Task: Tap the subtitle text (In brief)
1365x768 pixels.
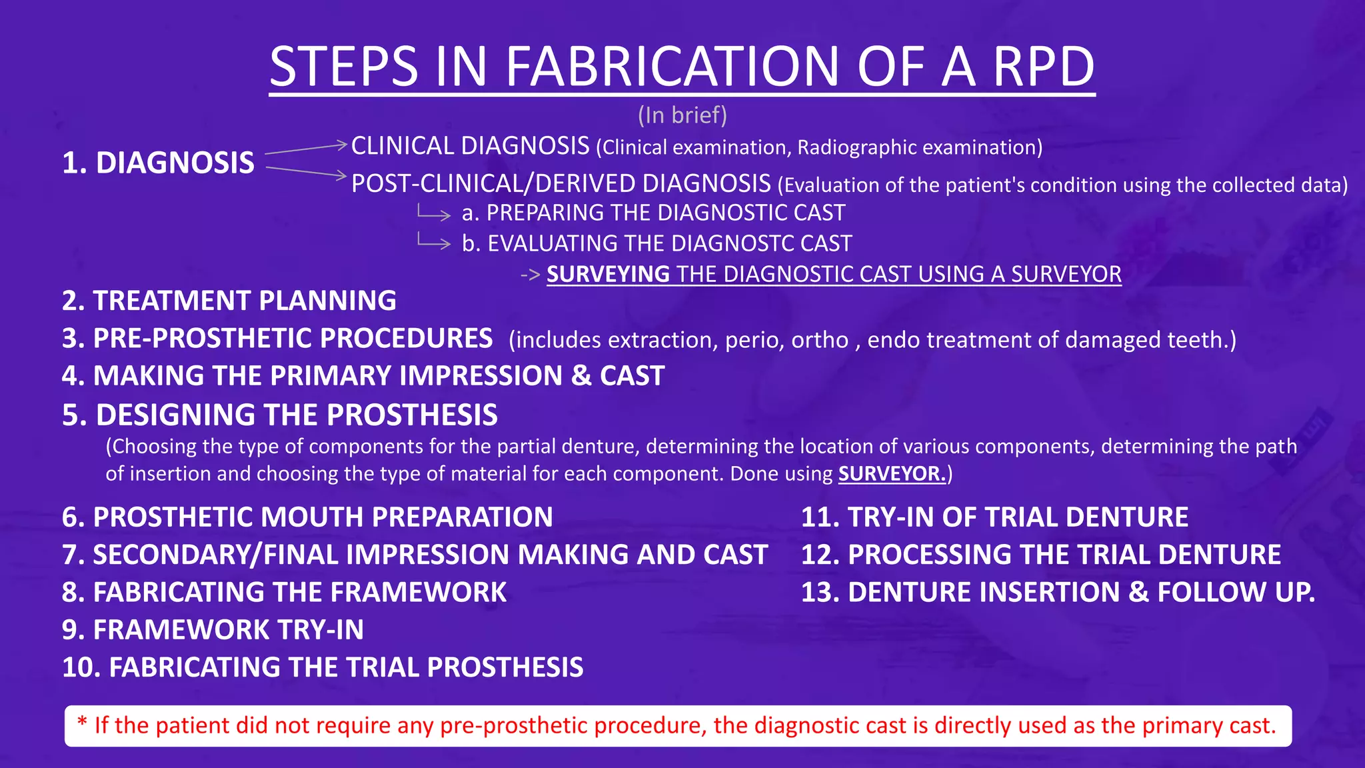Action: [x=682, y=115]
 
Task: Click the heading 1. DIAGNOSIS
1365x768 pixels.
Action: [x=158, y=163]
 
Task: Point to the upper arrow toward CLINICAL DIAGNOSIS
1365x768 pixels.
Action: [x=307, y=148]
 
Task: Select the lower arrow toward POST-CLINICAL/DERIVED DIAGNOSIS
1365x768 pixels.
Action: [x=307, y=171]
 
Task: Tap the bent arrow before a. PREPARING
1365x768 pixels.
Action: [x=434, y=213]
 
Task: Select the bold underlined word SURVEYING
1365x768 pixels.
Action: [x=608, y=274]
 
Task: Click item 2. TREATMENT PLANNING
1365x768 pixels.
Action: [x=229, y=301]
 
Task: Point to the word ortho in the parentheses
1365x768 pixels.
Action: [x=819, y=340]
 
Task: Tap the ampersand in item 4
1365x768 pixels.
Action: [x=581, y=376]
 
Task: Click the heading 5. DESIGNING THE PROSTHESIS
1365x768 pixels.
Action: [x=279, y=415]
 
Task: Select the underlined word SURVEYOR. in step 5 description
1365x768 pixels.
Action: [x=892, y=473]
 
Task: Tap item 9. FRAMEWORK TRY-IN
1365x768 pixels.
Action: [x=213, y=630]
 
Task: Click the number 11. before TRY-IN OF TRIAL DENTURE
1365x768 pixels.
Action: [x=819, y=517]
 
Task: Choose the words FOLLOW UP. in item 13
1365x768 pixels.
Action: [x=1236, y=592]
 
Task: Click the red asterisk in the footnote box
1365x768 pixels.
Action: [x=83, y=722]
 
